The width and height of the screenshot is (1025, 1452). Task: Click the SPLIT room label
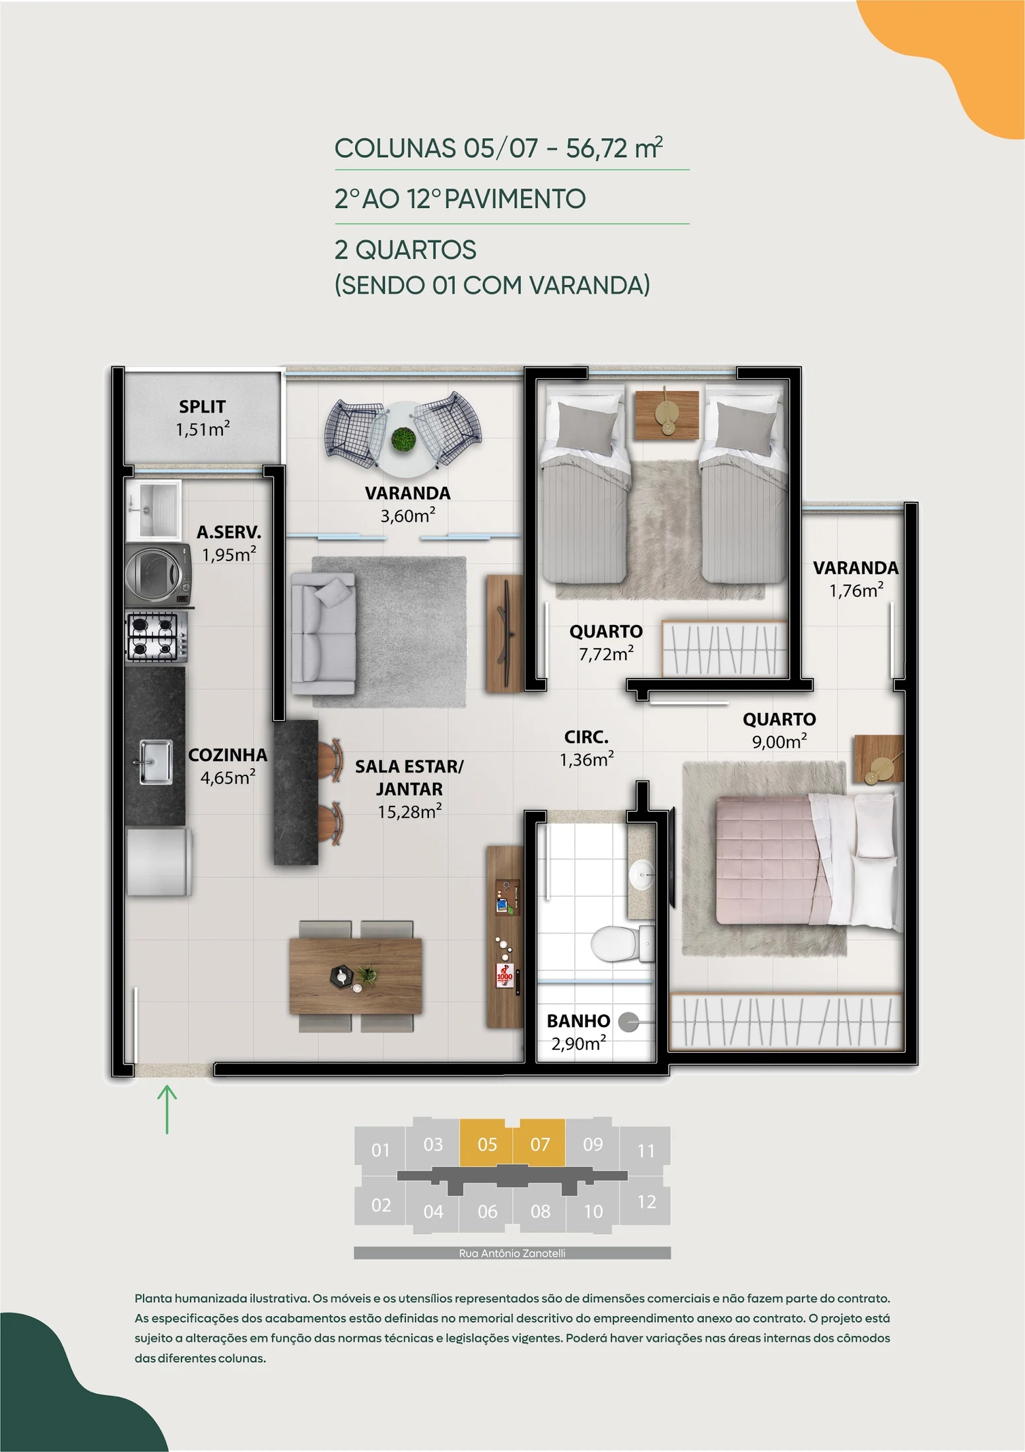click(202, 407)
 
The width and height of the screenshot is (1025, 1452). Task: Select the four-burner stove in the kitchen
click(156, 636)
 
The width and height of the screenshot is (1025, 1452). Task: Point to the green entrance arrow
click(167, 1109)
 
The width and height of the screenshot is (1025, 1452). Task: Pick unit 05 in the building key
click(487, 1144)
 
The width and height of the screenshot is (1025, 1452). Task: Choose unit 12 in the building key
click(646, 1201)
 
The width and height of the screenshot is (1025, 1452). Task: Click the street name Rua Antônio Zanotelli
click(512, 1253)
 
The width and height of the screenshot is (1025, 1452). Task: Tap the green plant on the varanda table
click(403, 439)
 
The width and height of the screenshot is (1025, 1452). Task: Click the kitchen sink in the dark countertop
click(156, 762)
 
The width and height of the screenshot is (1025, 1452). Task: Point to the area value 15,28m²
click(409, 811)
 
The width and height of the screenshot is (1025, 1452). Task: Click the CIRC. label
click(586, 737)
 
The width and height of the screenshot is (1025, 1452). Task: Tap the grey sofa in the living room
click(323, 634)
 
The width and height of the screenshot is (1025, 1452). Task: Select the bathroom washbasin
click(641, 876)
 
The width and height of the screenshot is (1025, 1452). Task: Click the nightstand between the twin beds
click(667, 414)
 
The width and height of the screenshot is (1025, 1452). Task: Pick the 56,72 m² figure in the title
click(614, 148)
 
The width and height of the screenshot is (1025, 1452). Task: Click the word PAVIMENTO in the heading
click(515, 199)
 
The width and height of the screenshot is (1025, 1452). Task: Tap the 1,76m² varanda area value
click(856, 590)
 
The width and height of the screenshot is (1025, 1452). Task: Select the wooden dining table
click(356, 976)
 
